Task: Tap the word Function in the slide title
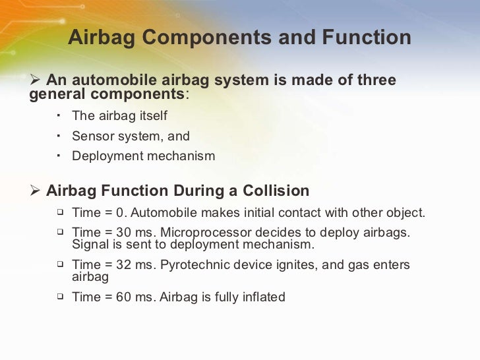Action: (x=366, y=38)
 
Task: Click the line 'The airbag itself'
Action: (x=119, y=116)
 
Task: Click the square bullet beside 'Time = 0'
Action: (x=59, y=212)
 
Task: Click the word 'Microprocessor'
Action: (x=206, y=233)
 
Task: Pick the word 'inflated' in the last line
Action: (x=261, y=297)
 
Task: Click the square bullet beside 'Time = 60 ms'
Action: (x=59, y=297)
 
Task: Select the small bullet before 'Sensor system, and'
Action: (x=59, y=135)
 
